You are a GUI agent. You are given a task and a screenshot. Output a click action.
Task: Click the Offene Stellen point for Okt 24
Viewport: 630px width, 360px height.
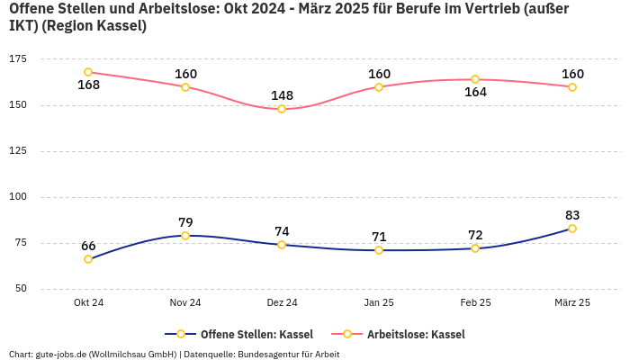click(x=88, y=259)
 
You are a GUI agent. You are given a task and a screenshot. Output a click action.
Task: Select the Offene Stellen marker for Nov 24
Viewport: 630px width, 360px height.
click(x=185, y=236)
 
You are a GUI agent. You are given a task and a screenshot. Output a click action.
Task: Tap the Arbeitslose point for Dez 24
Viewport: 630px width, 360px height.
click(x=282, y=109)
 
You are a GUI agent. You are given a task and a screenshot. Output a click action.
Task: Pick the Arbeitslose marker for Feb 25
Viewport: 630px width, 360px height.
click(x=475, y=79)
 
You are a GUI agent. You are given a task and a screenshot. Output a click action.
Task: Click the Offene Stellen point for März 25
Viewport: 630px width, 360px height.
click(x=572, y=229)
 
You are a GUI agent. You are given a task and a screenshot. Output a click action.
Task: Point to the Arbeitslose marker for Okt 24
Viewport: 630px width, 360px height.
click(x=88, y=72)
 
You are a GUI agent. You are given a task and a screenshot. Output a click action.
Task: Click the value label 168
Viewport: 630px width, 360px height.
click(x=88, y=85)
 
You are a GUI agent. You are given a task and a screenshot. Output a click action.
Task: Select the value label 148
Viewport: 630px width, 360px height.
click(x=282, y=95)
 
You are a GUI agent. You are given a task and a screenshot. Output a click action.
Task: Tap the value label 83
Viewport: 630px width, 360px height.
click(x=572, y=215)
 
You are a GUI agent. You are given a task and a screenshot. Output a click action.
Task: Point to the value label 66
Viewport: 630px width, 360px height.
click(x=88, y=246)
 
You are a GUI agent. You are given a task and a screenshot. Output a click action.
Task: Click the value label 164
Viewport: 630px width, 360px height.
click(x=475, y=93)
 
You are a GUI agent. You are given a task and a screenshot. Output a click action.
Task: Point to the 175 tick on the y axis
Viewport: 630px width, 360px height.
click(x=18, y=58)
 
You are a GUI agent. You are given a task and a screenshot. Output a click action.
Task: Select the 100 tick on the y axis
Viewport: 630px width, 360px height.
click(x=18, y=197)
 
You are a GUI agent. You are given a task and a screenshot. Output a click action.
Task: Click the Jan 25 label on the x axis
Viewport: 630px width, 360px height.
click(x=379, y=303)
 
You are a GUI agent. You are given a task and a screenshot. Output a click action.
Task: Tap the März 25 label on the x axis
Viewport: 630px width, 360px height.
click(x=572, y=303)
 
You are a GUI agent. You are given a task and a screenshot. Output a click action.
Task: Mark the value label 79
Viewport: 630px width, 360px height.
click(x=185, y=222)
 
